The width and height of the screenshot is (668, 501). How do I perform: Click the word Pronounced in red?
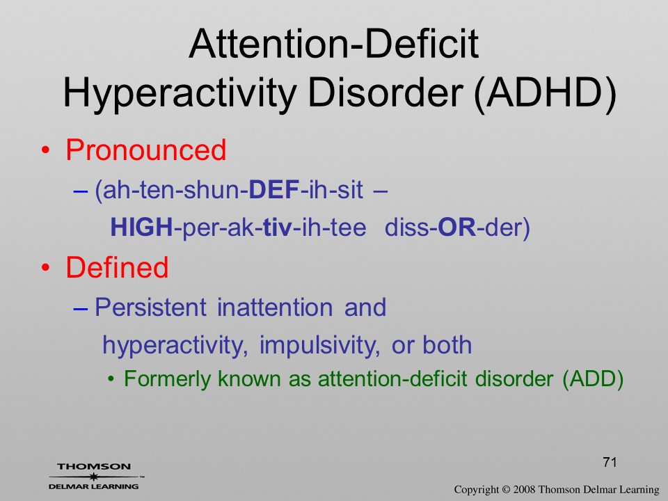point(145,150)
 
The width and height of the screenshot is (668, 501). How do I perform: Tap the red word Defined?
point(117,267)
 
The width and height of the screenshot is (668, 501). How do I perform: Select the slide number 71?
point(610,462)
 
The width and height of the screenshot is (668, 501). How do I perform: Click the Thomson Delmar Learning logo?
point(95,476)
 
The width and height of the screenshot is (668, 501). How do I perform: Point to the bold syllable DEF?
point(274,189)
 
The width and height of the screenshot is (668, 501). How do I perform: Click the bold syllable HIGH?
point(141,227)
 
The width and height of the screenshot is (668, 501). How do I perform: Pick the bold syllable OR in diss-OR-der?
point(456,227)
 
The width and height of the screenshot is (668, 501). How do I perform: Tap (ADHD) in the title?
point(546,93)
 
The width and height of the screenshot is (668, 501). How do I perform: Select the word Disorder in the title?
point(385,93)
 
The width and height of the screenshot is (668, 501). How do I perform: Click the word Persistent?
point(150,307)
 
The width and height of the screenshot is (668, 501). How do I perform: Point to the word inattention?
point(275,307)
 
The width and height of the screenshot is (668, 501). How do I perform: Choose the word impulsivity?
point(319,346)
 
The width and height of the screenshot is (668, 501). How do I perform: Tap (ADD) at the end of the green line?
point(593,379)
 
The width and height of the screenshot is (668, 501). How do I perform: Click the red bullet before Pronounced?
point(46,151)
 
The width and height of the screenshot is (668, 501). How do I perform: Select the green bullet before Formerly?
point(111,379)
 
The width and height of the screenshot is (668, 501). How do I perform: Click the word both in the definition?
point(447,344)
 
